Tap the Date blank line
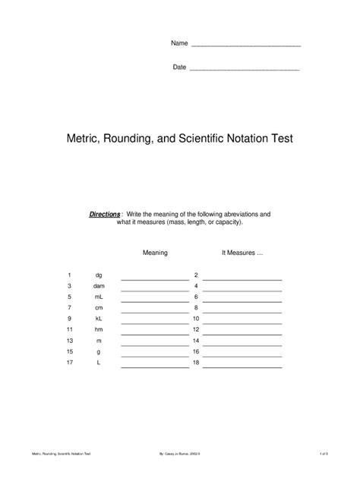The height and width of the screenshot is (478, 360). point(244,69)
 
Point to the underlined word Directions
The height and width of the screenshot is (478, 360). point(105,215)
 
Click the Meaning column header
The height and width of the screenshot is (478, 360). point(155,253)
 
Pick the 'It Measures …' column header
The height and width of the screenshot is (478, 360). point(242,253)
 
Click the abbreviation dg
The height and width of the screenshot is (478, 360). point(99,275)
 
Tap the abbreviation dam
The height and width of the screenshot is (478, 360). point(99,286)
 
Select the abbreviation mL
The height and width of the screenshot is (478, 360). point(99,297)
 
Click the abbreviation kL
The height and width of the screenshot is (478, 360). point(99,319)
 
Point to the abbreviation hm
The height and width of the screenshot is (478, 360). point(99,330)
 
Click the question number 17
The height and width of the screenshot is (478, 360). point(69,363)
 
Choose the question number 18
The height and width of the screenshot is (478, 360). point(196,363)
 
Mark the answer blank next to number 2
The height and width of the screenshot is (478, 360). point(242,278)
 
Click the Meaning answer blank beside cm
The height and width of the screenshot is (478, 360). point(155,311)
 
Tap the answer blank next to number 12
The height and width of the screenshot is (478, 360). point(242,333)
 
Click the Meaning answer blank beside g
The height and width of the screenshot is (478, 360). point(155,355)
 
